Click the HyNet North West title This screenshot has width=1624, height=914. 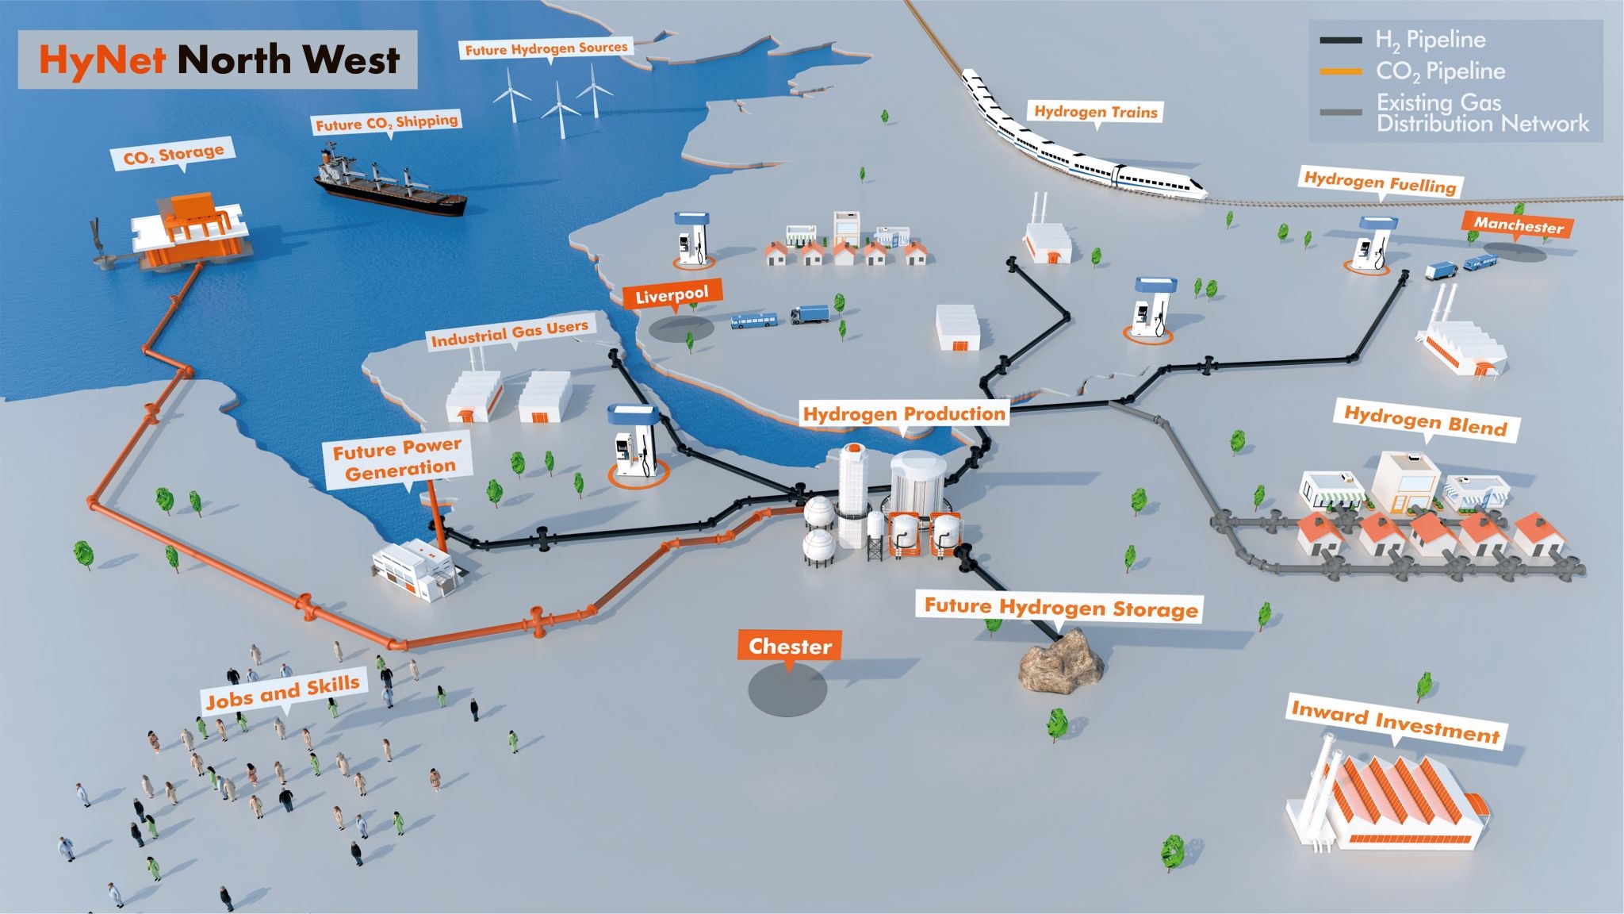218,60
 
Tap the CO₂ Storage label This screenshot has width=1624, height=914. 174,154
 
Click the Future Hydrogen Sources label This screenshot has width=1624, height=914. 546,48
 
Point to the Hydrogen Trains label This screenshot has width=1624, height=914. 1095,112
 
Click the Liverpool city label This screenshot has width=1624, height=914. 672,295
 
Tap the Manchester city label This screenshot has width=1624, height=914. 1518,225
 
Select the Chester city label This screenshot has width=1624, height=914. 790,646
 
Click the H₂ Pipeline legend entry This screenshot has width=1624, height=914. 1429,40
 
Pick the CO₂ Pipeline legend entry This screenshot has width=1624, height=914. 1439,71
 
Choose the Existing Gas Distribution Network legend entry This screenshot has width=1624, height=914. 1481,113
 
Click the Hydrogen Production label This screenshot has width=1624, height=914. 904,413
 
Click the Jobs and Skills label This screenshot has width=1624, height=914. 282,692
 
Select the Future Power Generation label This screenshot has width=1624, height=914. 396,459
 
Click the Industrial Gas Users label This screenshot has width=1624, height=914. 509,332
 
